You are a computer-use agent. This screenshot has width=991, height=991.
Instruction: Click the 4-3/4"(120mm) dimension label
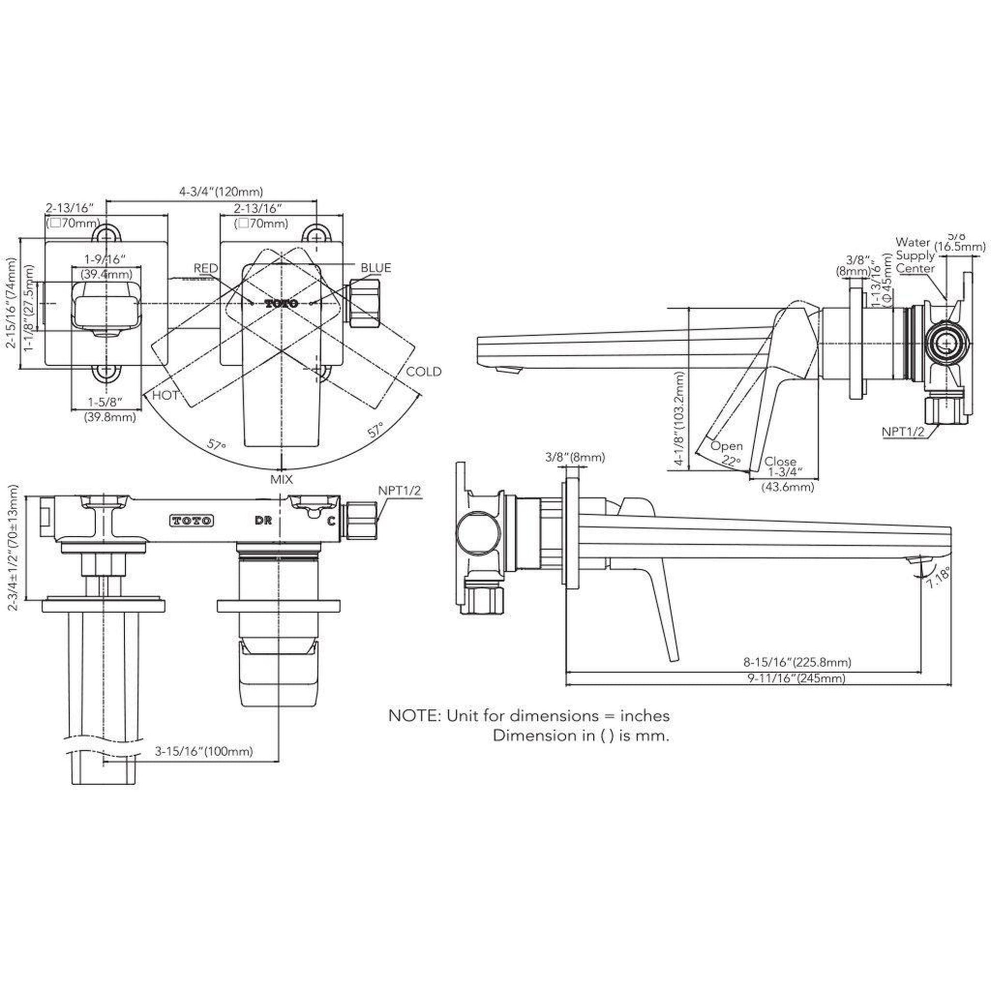click(x=221, y=192)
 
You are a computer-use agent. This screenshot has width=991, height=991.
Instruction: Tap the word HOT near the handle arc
click(x=165, y=395)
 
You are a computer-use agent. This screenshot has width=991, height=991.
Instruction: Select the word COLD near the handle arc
click(x=423, y=371)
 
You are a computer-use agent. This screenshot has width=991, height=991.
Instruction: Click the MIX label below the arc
click(x=282, y=479)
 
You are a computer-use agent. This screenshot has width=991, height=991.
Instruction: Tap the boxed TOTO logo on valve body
click(x=191, y=520)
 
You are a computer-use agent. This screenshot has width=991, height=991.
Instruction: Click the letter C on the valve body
click(x=332, y=521)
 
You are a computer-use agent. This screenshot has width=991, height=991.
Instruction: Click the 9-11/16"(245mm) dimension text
click(x=796, y=678)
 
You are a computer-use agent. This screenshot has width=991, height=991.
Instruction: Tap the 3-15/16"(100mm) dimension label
click(x=204, y=752)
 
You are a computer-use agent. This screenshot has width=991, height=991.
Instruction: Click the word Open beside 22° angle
click(x=726, y=446)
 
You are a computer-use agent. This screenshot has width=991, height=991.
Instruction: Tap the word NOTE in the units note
click(x=415, y=715)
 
